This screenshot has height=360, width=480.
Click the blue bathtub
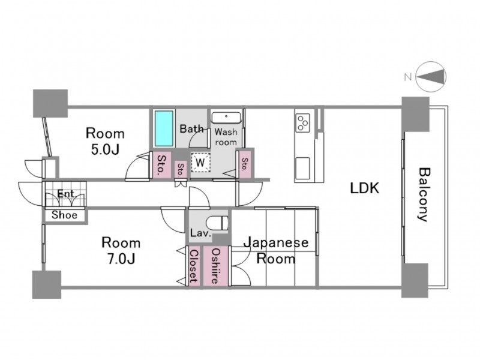point(164,128)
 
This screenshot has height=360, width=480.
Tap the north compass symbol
point(431,77)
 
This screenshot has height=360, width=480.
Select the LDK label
point(365,188)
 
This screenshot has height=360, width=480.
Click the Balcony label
point(424,194)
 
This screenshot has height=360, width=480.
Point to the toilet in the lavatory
point(218,223)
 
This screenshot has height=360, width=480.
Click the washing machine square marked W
point(200,162)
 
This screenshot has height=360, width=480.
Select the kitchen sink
point(302,169)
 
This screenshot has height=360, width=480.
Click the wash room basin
point(226,118)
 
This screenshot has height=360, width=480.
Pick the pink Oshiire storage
point(216,266)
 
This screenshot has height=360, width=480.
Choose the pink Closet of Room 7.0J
point(194,266)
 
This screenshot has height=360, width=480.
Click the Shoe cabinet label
point(64,215)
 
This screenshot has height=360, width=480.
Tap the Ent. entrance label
point(67,194)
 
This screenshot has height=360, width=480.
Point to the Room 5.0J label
point(105,141)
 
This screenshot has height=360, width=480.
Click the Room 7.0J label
point(121,250)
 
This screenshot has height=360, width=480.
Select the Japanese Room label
point(276,250)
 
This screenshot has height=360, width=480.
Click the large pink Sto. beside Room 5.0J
point(160,164)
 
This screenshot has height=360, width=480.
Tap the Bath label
point(191,128)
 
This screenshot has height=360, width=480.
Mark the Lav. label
point(201,233)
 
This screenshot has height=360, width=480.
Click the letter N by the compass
point(408,77)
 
